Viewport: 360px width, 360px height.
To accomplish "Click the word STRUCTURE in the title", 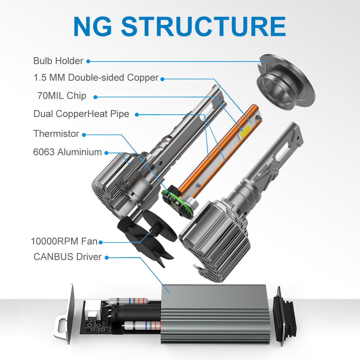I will click(203, 26).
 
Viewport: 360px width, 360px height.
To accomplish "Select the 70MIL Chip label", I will click(62, 96).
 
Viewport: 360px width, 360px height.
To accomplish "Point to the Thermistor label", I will click(56, 134).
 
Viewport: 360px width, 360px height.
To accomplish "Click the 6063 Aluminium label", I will click(68, 152).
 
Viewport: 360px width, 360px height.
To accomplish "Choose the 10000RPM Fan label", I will click(64, 241).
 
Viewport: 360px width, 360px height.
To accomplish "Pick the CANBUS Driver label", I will click(68, 257).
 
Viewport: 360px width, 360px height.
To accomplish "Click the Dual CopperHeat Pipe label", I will click(81, 114).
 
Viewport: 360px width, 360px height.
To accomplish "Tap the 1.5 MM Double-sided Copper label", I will click(96, 77).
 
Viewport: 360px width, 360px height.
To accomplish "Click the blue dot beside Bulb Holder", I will click(88, 61).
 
